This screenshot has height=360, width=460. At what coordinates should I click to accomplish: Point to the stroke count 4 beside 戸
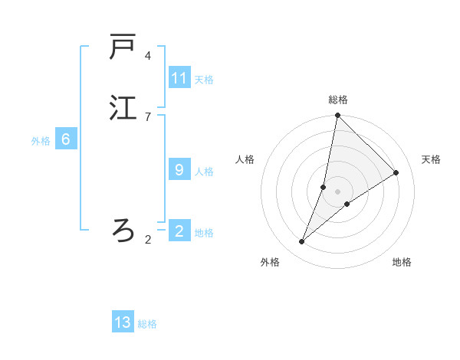click(148, 56)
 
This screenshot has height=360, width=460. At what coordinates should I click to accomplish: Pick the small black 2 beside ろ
click(148, 240)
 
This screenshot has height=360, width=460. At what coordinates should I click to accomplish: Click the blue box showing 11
click(179, 78)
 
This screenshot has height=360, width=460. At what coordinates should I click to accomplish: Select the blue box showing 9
click(179, 170)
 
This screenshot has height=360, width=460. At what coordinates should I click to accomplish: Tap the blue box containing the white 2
click(179, 231)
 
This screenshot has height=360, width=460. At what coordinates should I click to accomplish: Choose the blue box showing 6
click(66, 139)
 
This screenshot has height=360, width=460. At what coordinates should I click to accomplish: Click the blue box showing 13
click(123, 322)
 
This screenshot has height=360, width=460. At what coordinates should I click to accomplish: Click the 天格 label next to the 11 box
click(204, 80)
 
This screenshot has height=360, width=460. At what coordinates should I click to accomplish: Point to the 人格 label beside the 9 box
click(204, 172)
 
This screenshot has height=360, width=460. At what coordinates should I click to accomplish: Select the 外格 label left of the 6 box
click(41, 141)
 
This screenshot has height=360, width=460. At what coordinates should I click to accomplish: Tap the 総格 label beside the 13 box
click(147, 324)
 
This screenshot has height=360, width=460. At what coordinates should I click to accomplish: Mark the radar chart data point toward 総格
click(337, 116)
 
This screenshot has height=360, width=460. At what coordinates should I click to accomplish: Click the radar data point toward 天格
click(396, 172)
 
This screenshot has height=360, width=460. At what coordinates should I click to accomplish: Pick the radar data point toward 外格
click(302, 242)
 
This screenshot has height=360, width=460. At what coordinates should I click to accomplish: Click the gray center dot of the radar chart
click(337, 191)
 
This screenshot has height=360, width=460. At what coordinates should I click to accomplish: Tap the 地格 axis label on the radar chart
click(402, 262)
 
